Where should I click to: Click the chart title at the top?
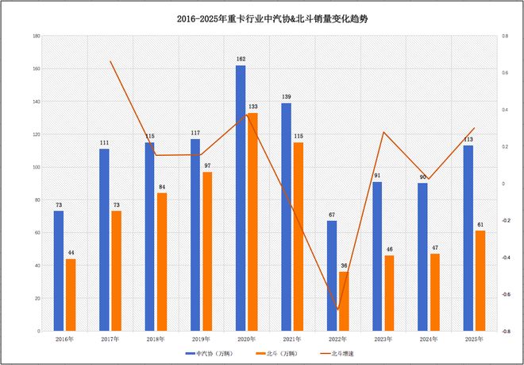[262, 17]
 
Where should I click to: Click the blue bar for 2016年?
[59, 270]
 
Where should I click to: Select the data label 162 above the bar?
[241, 59]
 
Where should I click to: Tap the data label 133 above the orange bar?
[252, 107]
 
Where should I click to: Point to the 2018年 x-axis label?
[149, 340]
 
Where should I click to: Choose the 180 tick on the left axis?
[37, 37]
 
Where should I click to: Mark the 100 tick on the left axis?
[37, 167]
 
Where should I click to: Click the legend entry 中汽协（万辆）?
[211, 352]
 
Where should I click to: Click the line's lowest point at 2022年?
[337, 309]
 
